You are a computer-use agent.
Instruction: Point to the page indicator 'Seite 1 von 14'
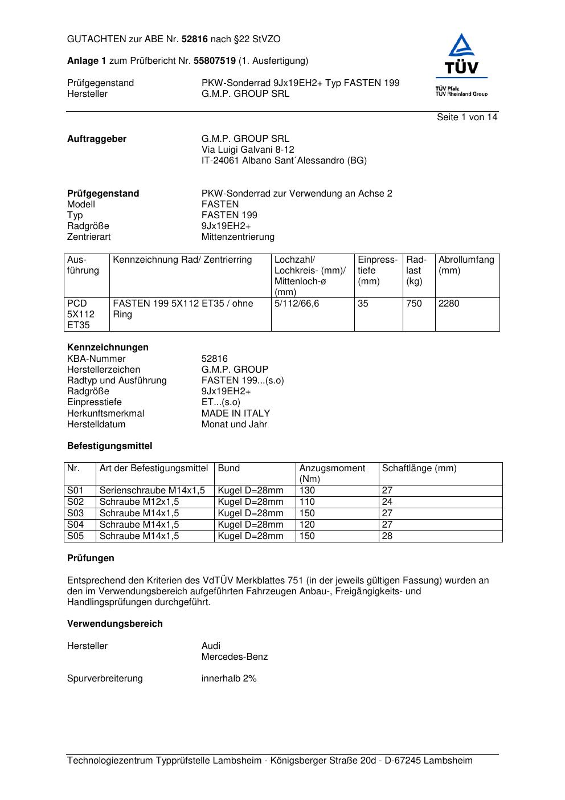point(467,117)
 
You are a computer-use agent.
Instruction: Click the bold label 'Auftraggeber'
point(97,139)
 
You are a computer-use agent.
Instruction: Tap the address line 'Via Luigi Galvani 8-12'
point(248,150)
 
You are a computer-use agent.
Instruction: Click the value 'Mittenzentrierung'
point(238,237)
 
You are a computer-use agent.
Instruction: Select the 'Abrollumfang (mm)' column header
point(466,265)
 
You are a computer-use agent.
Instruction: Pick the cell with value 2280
point(449,304)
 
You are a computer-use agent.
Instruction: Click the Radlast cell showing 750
point(414,304)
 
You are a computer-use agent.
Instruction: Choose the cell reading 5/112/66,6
point(297,304)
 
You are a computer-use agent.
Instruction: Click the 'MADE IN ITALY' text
point(236,414)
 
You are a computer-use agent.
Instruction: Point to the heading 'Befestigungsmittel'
point(109,446)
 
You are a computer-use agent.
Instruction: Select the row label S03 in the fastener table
point(75,513)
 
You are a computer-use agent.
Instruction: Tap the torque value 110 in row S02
point(307,502)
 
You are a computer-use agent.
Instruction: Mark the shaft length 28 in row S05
point(387,536)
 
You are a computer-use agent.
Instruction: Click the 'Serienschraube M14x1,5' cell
point(152,491)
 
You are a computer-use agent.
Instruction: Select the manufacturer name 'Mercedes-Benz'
point(235,657)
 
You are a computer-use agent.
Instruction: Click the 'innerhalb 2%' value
point(229,679)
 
